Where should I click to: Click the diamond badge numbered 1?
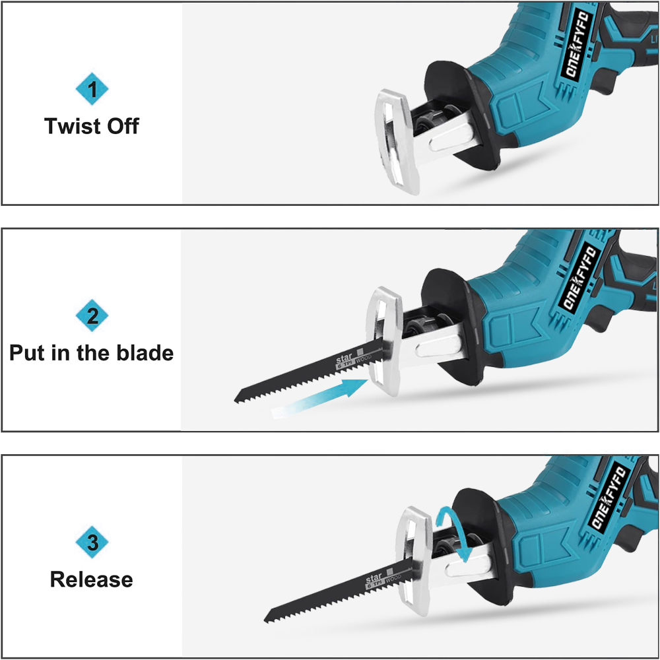tap(92, 90)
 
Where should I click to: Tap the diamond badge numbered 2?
tap(92, 316)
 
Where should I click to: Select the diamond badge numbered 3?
tap(92, 543)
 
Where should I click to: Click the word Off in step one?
tap(122, 125)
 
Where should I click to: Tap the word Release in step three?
tap(92, 579)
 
